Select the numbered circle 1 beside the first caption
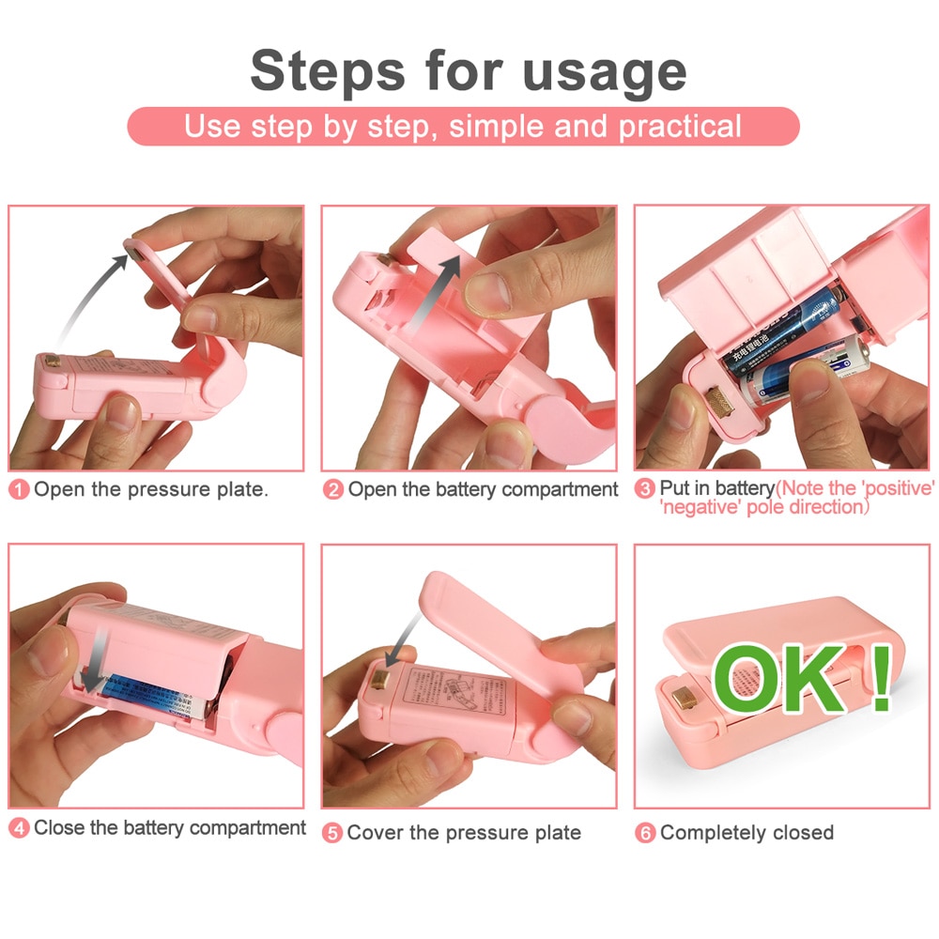pyautogui.click(x=20, y=489)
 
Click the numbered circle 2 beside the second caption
pyautogui.click(x=333, y=489)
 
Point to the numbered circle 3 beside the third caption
pyautogui.click(x=645, y=489)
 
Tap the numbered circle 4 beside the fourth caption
pyautogui.click(x=20, y=828)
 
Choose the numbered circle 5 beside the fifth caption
pyautogui.click(x=333, y=833)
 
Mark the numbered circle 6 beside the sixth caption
pyautogui.click(x=645, y=833)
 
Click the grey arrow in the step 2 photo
pyautogui.click(x=434, y=291)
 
